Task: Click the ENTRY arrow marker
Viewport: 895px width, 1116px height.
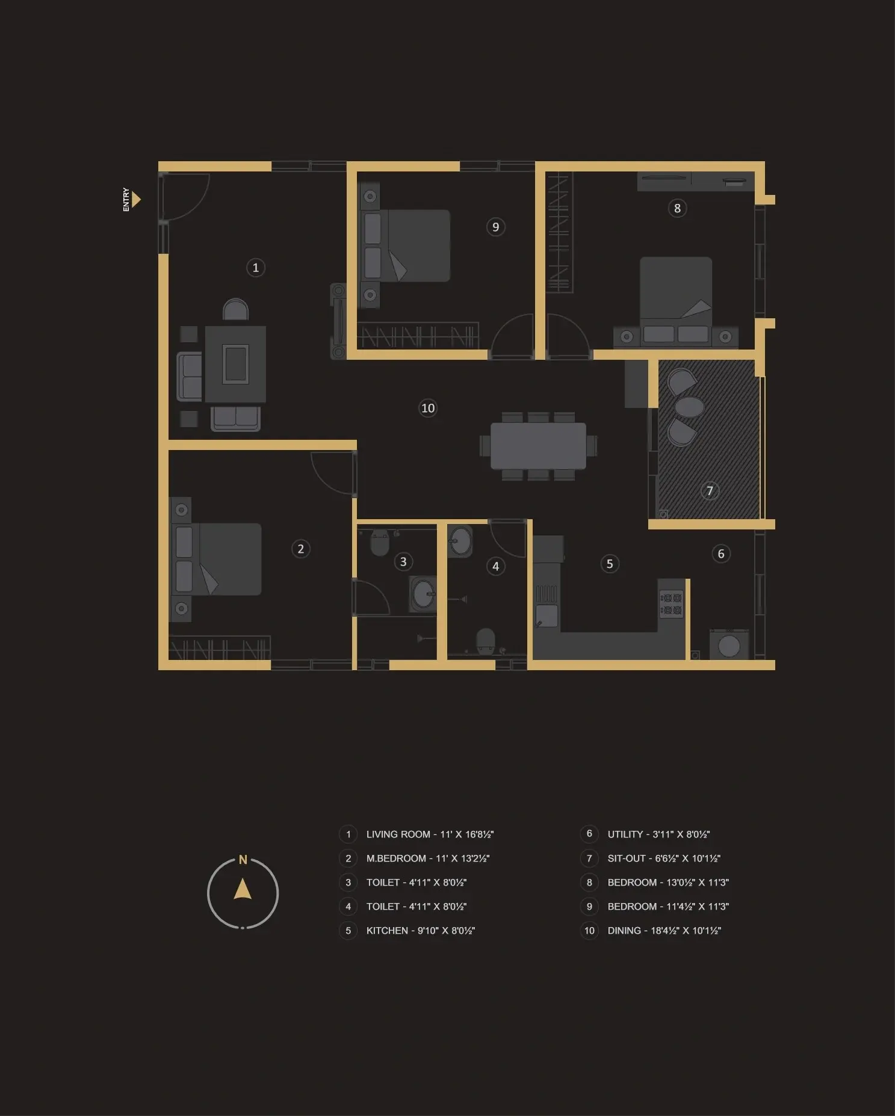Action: (x=136, y=199)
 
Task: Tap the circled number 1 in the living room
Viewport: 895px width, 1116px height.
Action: (x=256, y=268)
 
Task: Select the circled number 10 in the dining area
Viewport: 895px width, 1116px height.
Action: (x=427, y=408)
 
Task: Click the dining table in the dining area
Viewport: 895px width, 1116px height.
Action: (x=538, y=446)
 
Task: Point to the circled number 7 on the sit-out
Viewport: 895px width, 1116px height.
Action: (x=710, y=491)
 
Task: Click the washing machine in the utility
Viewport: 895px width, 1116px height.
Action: (x=729, y=645)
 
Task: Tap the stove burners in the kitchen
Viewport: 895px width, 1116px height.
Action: (x=671, y=604)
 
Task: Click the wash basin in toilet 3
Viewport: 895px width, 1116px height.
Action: (x=423, y=594)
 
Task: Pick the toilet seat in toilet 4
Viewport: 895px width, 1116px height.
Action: (x=486, y=641)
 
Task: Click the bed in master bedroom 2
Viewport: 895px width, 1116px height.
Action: (x=217, y=560)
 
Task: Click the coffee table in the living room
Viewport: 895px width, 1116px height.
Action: (x=235, y=364)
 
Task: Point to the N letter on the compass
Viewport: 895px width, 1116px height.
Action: (x=243, y=860)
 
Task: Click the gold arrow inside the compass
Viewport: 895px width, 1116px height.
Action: (x=243, y=889)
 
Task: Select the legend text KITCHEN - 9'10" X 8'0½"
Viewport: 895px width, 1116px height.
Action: (x=421, y=931)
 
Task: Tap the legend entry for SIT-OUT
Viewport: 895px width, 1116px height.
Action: (x=664, y=859)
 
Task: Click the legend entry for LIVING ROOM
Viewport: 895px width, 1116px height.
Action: (x=430, y=834)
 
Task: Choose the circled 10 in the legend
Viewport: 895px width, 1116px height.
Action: (x=589, y=931)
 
